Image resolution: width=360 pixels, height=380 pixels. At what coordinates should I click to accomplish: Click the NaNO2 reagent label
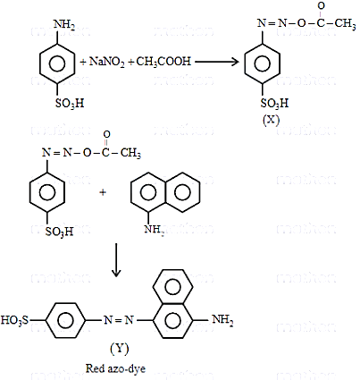click(106, 62)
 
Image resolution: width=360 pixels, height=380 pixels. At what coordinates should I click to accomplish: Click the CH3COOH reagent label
click(163, 62)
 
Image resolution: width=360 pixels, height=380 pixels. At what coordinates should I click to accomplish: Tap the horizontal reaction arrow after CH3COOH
click(217, 62)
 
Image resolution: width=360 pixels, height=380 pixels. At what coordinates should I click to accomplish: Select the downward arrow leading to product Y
click(116, 260)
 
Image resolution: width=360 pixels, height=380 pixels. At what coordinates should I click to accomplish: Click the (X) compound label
click(271, 120)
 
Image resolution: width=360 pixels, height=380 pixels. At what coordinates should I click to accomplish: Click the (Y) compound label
click(120, 348)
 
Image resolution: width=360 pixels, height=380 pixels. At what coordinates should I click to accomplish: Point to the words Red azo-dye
click(115, 368)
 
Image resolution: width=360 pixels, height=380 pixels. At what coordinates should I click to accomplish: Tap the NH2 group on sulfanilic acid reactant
click(63, 24)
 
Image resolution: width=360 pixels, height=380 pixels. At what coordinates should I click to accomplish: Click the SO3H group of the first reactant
click(70, 104)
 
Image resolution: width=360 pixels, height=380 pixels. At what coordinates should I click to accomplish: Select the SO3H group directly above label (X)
click(274, 103)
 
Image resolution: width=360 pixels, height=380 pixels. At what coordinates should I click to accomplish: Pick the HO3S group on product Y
click(15, 320)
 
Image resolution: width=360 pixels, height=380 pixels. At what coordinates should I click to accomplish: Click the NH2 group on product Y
click(222, 320)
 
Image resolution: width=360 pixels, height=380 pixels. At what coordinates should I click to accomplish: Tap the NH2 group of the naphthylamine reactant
click(155, 230)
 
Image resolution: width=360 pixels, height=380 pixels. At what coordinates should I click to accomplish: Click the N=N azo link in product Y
click(119, 320)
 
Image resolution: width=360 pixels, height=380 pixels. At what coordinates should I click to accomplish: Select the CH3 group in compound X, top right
click(345, 24)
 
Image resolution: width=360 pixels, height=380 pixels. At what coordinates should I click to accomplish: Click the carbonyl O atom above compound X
click(321, 5)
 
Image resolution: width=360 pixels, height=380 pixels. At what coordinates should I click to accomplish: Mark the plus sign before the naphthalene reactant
click(103, 192)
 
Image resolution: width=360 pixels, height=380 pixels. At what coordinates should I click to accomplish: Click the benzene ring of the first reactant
click(56, 63)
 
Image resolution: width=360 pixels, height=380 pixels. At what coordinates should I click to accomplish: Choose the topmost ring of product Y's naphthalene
click(172, 287)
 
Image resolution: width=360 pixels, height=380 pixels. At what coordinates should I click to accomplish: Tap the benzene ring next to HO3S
click(65, 320)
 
